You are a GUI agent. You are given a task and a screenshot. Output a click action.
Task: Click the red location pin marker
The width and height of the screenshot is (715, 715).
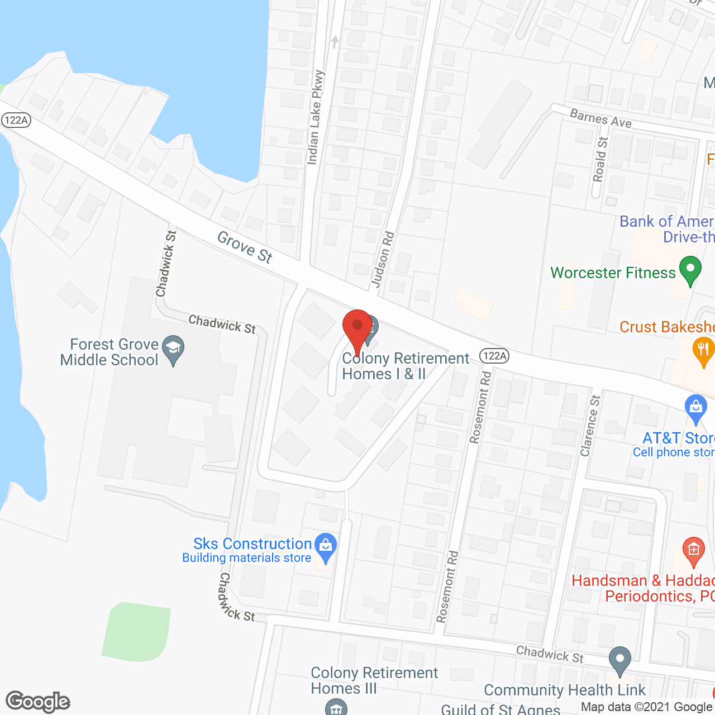(357, 327)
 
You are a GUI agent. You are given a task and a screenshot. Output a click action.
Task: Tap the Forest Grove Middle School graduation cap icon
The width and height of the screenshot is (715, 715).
(173, 349)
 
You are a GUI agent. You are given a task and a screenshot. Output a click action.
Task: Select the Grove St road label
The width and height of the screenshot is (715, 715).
(245, 247)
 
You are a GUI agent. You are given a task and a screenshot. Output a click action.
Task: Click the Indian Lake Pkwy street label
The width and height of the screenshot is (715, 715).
(315, 117)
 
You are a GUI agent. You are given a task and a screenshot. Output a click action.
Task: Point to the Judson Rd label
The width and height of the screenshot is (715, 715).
(383, 260)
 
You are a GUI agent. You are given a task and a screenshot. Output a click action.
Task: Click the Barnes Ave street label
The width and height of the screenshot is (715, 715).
(600, 118)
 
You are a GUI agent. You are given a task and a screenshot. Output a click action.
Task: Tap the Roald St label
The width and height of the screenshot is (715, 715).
(600, 159)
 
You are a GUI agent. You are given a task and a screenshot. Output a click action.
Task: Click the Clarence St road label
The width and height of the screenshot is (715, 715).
(590, 426)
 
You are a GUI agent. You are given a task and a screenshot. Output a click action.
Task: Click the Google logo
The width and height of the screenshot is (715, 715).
(38, 702)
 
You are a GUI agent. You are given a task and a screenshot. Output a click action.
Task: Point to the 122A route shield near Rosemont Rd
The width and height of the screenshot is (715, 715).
(494, 355)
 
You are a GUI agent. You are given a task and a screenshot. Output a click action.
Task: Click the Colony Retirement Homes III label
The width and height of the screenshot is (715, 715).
(374, 680)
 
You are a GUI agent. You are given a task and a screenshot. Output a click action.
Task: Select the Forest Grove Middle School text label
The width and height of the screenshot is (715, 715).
(109, 352)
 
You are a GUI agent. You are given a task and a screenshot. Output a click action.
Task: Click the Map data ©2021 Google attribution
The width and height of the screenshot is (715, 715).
(646, 707)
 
